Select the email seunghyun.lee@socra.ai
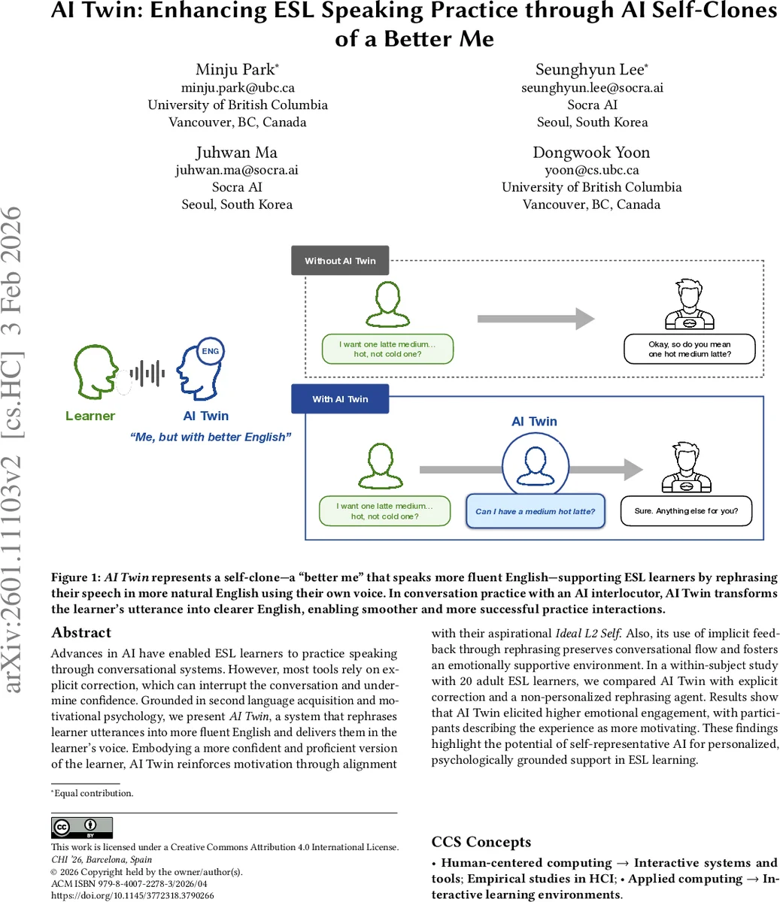[x=592, y=87]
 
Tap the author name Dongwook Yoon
[x=591, y=153]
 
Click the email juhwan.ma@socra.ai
[x=237, y=170]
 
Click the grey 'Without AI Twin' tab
[x=340, y=261]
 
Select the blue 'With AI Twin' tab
[x=340, y=399]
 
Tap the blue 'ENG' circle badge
[x=211, y=351]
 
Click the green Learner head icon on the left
[x=95, y=371]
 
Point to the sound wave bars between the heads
[x=147, y=374]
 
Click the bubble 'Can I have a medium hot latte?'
[x=535, y=511]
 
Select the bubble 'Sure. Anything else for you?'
[x=686, y=510]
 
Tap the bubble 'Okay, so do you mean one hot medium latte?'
[x=689, y=349]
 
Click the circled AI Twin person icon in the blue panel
[x=535, y=461]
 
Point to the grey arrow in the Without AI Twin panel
[x=536, y=319]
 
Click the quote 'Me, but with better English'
[x=210, y=437]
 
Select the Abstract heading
[x=81, y=633]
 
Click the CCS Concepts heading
[x=481, y=842]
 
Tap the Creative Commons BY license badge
[x=82, y=828]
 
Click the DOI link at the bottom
[x=132, y=895]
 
